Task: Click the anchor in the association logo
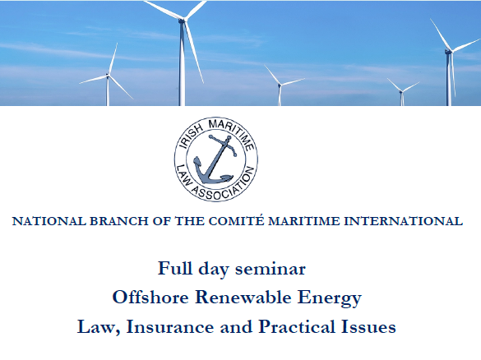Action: point(216,159)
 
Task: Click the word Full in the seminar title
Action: point(176,268)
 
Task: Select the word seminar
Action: point(273,268)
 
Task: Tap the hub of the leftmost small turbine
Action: point(108,76)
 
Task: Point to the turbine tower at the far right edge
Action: point(449,78)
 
